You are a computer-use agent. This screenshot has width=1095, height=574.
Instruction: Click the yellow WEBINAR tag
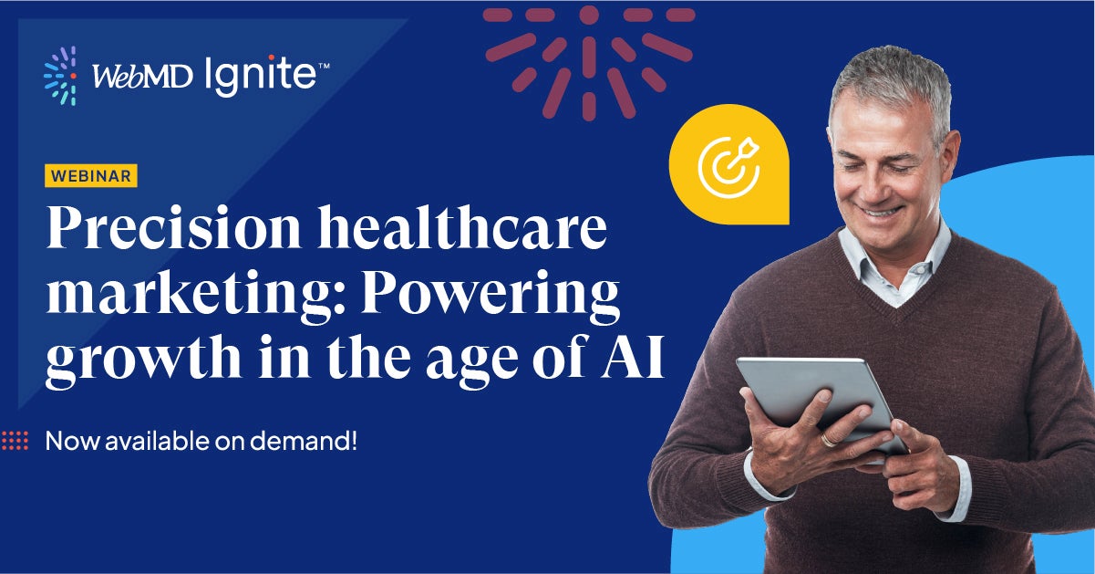pos(91,175)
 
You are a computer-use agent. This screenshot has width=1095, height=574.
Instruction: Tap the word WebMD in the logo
pos(140,78)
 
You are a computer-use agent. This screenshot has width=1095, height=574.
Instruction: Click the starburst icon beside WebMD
pos(60,76)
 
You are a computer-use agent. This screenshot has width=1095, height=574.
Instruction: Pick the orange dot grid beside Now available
pos(15,441)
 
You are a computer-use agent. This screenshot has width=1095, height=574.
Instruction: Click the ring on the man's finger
pos(828,439)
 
